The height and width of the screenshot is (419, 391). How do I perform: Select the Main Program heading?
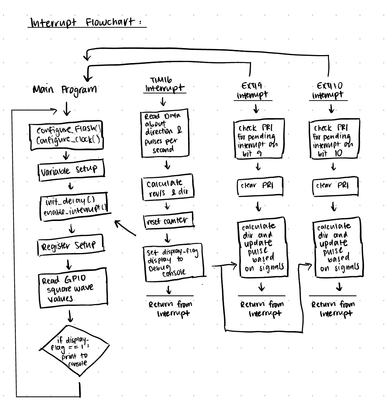[65, 89]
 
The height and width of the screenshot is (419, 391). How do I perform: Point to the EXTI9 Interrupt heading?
[253, 91]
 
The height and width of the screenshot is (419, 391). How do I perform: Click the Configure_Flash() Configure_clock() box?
[66, 136]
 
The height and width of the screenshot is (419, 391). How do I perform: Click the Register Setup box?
[70, 245]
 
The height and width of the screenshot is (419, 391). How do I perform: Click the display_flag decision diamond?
[73, 350]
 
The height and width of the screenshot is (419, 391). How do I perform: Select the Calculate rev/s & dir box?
[167, 187]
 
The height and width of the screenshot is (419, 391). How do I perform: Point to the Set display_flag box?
[173, 263]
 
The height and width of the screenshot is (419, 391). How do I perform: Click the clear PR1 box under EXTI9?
[259, 186]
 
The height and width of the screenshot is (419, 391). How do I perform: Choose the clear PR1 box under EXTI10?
[335, 186]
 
